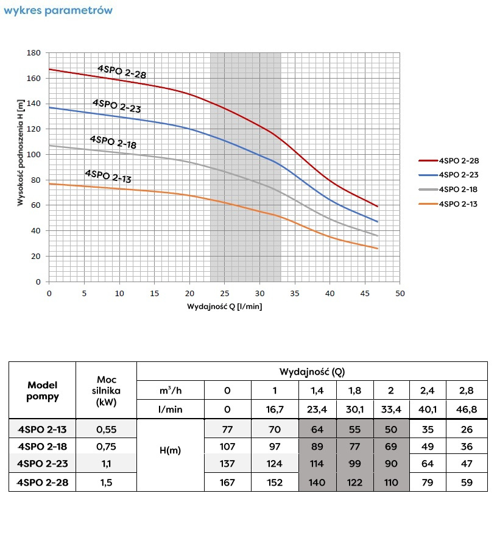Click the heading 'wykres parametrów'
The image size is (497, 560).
[58, 12]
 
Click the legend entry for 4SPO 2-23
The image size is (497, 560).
[457, 174]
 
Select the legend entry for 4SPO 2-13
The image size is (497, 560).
[457, 204]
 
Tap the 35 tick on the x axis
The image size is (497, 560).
[295, 293]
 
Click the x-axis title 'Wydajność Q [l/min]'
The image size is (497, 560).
[225, 307]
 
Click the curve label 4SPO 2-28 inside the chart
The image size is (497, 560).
[122, 71]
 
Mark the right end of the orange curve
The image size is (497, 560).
[378, 249]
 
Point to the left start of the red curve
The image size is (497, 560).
[49, 69]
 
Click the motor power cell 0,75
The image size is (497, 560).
[106, 446]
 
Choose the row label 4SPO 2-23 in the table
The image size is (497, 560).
[42, 464]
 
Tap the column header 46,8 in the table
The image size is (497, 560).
[467, 409]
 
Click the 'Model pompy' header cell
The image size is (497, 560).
[42, 390]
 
